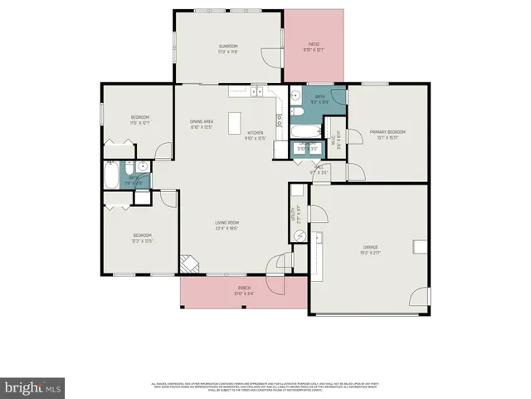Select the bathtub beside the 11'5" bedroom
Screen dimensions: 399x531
(112, 175)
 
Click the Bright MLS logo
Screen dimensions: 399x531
(33, 387)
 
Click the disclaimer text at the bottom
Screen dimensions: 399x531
(265, 387)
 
